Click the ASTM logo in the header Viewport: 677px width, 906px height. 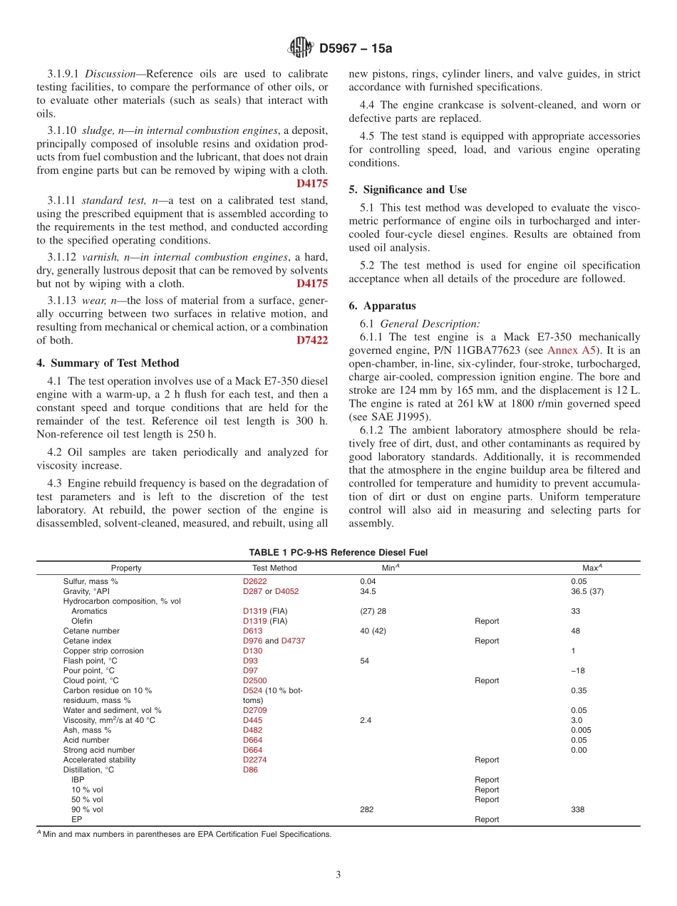[x=300, y=48]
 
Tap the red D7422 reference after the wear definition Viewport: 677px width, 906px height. [x=312, y=340]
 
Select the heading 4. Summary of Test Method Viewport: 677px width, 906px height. [x=108, y=363]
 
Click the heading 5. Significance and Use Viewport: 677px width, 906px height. [x=408, y=189]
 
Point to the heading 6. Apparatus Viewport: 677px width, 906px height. [x=382, y=306]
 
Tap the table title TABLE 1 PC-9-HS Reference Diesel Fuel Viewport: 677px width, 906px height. [x=338, y=552]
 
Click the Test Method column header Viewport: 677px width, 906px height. [x=274, y=568]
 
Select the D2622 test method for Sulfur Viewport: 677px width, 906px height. [x=254, y=581]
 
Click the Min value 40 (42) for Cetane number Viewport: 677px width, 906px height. [x=373, y=630]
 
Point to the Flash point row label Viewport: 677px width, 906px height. [x=88, y=660]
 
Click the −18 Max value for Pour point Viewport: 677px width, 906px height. [x=578, y=670]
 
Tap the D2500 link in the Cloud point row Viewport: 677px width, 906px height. [x=254, y=680]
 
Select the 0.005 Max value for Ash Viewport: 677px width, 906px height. [x=581, y=730]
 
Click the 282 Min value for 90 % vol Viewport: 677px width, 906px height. [x=366, y=809]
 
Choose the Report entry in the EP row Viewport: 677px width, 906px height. [x=487, y=819]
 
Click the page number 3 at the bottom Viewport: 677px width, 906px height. [x=338, y=875]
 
